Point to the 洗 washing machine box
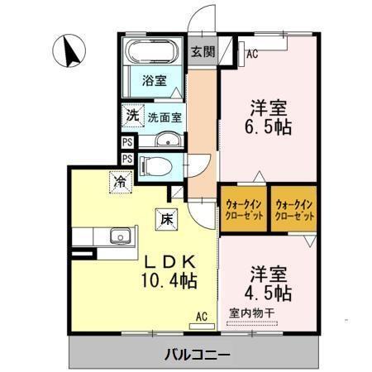click(x=131, y=116)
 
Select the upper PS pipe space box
click(x=127, y=142)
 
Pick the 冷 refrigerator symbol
click(x=121, y=179)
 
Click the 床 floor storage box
click(x=165, y=219)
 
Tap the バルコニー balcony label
click(x=193, y=355)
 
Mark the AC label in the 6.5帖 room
click(x=252, y=55)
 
